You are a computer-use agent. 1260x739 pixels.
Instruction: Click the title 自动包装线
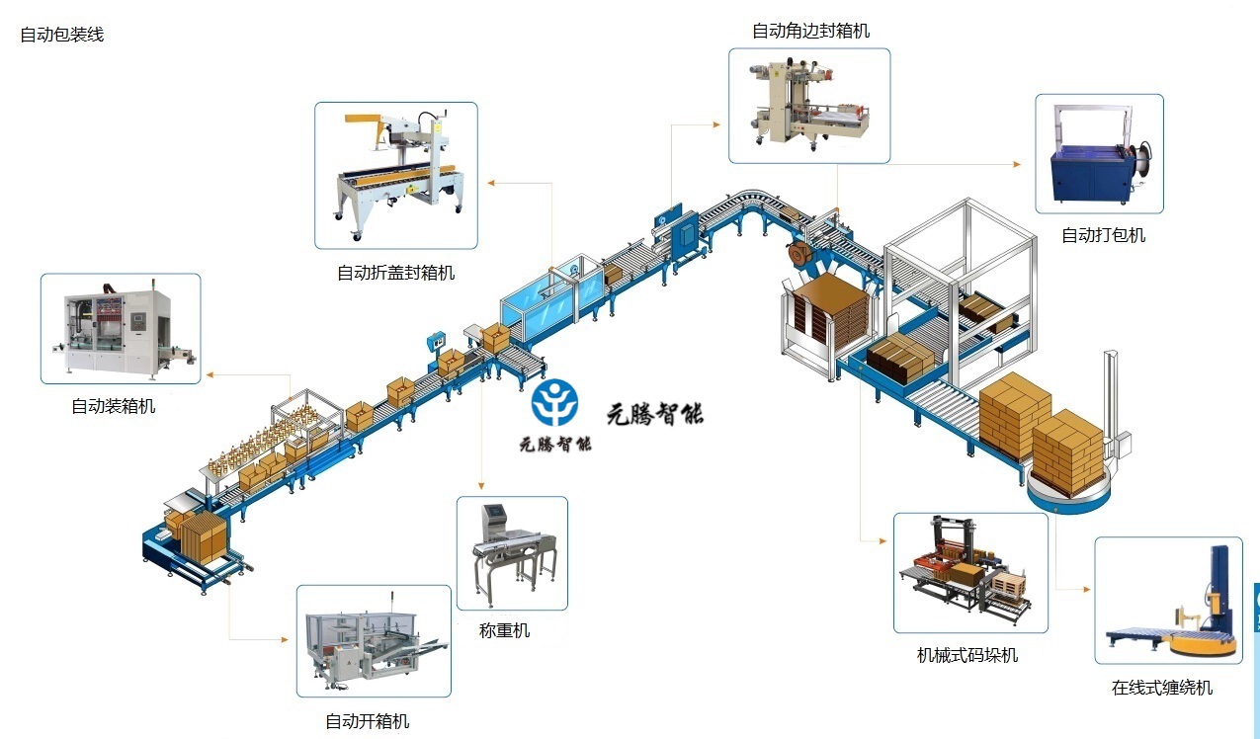(61, 35)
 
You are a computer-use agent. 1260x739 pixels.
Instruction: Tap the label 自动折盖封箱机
(395, 273)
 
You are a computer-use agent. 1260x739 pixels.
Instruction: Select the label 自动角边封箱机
(810, 31)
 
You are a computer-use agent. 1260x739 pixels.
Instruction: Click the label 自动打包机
(1103, 235)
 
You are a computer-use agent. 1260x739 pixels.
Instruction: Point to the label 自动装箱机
(113, 406)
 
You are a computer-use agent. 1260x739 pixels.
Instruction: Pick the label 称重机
(504, 630)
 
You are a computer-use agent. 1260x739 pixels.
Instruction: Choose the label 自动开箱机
(367, 721)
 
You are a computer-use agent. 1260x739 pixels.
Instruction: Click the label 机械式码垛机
(966, 655)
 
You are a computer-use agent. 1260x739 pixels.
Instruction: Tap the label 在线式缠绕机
(1161, 688)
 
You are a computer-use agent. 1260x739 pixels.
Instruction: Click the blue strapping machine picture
(1099, 154)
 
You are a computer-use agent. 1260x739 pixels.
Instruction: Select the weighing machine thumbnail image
(512, 553)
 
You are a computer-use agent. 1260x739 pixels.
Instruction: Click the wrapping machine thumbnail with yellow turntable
(1168, 601)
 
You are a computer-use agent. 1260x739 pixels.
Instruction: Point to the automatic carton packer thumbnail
(120, 328)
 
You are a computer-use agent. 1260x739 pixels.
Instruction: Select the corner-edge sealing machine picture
(809, 106)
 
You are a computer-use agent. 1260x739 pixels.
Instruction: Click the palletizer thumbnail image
(969, 573)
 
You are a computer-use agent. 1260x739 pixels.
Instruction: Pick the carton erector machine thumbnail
(374, 641)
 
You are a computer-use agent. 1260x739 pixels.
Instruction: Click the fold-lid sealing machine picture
(395, 175)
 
